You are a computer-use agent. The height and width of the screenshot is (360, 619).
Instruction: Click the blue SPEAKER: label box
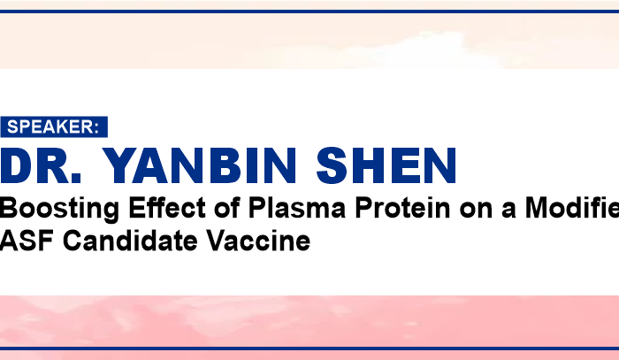click(54, 126)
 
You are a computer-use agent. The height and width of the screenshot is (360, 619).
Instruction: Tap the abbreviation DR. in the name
click(41, 165)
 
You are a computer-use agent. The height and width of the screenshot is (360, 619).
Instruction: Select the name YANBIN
click(200, 165)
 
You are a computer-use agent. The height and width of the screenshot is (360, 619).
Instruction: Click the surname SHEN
click(386, 165)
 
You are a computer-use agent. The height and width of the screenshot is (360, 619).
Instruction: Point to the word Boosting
click(59, 210)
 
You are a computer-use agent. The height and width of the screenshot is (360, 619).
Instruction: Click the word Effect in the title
click(167, 208)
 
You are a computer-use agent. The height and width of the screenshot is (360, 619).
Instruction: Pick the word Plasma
click(297, 208)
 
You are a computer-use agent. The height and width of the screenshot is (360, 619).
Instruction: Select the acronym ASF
click(27, 241)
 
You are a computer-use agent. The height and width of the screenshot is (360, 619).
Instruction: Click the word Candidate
click(130, 241)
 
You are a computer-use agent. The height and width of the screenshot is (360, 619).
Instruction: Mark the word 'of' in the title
click(227, 208)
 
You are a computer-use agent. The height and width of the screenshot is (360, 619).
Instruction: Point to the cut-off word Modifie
click(572, 208)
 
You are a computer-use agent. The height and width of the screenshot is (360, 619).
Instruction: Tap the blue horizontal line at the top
click(309, 11)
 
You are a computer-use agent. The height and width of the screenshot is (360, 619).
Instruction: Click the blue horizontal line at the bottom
click(309, 349)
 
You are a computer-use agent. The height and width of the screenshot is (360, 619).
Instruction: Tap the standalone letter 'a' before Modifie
click(508, 211)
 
